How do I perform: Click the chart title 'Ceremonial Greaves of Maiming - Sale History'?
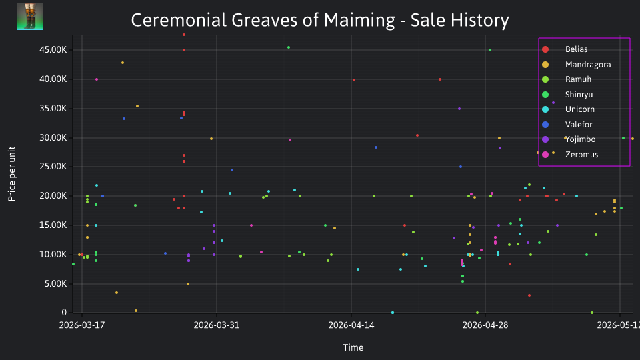(319, 20)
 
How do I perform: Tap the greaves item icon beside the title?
(30, 17)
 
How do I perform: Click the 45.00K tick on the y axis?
(53, 50)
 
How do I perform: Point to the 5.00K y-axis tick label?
(55, 284)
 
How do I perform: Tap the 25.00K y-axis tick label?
(53, 167)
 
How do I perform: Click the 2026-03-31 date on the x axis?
(216, 325)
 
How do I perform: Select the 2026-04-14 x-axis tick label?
(351, 325)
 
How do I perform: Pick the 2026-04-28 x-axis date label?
(485, 325)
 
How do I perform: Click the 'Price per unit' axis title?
(12, 174)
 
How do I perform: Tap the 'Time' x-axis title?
(353, 347)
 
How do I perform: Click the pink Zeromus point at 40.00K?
(96, 79)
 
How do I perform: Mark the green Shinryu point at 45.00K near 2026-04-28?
(490, 50)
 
